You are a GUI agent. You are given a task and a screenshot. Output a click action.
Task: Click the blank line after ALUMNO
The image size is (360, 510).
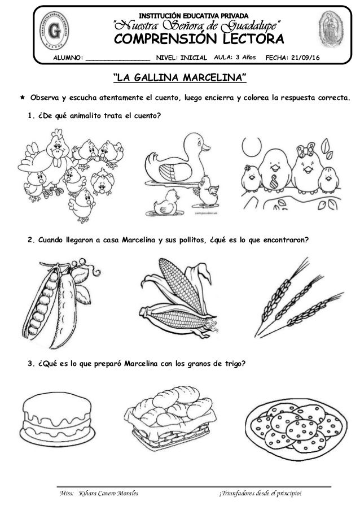tap(118, 59)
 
